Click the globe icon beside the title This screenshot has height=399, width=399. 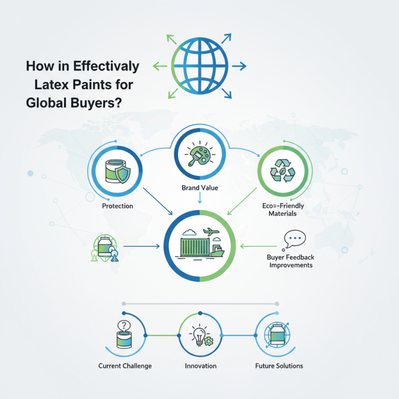pyautogui.click(x=200, y=66)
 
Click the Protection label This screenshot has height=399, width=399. pyautogui.click(x=118, y=206)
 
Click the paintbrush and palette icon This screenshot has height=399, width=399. pyautogui.click(x=200, y=154)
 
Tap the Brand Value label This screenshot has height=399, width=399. pyautogui.click(x=200, y=188)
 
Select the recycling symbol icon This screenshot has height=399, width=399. pyautogui.click(x=282, y=171)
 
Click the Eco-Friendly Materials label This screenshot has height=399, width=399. pyautogui.click(x=283, y=209)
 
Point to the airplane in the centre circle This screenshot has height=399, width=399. pyautogui.click(x=211, y=231)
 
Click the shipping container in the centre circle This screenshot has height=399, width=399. pyautogui.click(x=195, y=247)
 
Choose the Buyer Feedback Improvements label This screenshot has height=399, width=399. pyautogui.click(x=291, y=261)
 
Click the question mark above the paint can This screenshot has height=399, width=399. pyautogui.click(x=124, y=326)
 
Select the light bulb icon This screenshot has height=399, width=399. pyautogui.click(x=199, y=335)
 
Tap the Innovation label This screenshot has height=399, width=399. pyautogui.click(x=200, y=366)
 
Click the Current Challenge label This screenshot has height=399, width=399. pyautogui.click(x=125, y=366)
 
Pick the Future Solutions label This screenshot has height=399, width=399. pyautogui.click(x=279, y=366)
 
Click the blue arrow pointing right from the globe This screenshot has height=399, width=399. pyautogui.click(x=239, y=66)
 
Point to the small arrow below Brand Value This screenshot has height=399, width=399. pyautogui.click(x=200, y=198)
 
